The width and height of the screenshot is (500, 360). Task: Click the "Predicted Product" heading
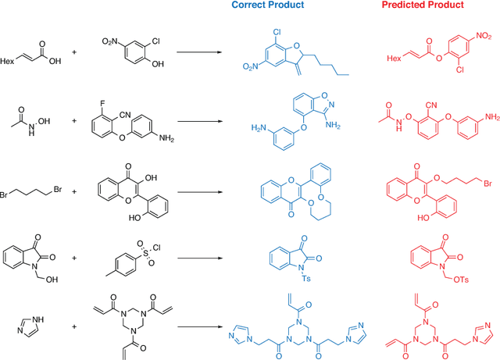pyautogui.click(x=423, y=5)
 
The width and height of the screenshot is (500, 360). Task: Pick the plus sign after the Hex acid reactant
pyautogui.click(x=75, y=53)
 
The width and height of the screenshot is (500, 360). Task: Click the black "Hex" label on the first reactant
pyautogui.click(x=9, y=59)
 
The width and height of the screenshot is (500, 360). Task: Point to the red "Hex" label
pyautogui.click(x=397, y=58)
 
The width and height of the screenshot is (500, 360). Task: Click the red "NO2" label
pyautogui.click(x=484, y=36)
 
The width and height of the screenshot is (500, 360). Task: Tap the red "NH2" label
pyautogui.click(x=491, y=116)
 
